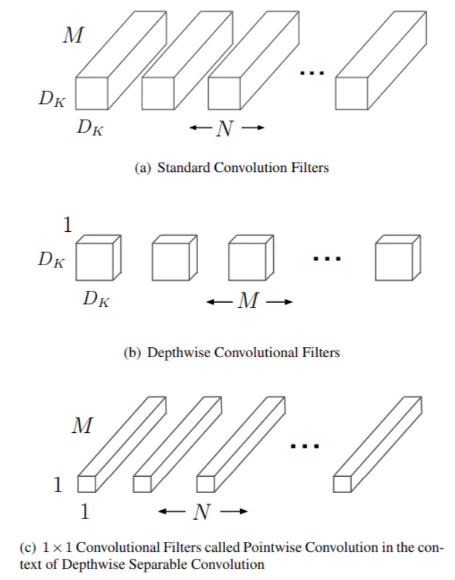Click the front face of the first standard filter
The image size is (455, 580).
[91, 93]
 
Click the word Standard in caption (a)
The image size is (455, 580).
[180, 168]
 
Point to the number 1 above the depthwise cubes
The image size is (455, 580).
[69, 226]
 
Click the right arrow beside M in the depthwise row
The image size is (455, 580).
[279, 303]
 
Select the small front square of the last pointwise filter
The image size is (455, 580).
[342, 484]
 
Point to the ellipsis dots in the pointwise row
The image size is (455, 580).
[306, 446]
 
